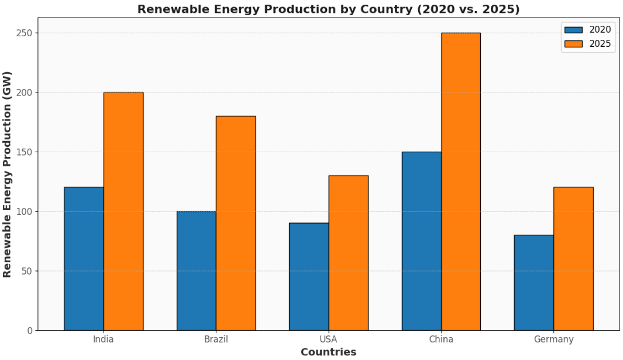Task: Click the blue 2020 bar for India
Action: pyautogui.click(x=84, y=259)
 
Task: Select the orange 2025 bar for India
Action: pyautogui.click(x=123, y=211)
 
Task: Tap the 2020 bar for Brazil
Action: pyautogui.click(x=196, y=270)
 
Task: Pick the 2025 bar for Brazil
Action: pyautogui.click(x=236, y=223)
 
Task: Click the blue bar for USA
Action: pyautogui.click(x=309, y=276)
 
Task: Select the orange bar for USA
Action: pyautogui.click(x=349, y=253)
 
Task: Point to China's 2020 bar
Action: pyautogui.click(x=421, y=241)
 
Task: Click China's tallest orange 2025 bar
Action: pyautogui.click(x=461, y=181)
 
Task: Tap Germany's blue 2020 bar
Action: pyautogui.click(x=533, y=282)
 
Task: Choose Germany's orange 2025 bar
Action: pyautogui.click(x=573, y=259)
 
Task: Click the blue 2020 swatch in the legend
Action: pyautogui.click(x=573, y=30)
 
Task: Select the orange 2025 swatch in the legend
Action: pyautogui.click(x=573, y=44)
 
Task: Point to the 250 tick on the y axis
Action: pyautogui.click(x=24, y=33)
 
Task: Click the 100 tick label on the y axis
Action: pyautogui.click(x=24, y=211)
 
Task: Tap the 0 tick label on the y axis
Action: pyautogui.click(x=29, y=331)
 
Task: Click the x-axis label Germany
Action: pyautogui.click(x=553, y=340)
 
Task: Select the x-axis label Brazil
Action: pyautogui.click(x=216, y=340)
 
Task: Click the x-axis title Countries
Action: pyautogui.click(x=328, y=352)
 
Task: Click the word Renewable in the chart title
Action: pyautogui.click(x=168, y=9)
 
